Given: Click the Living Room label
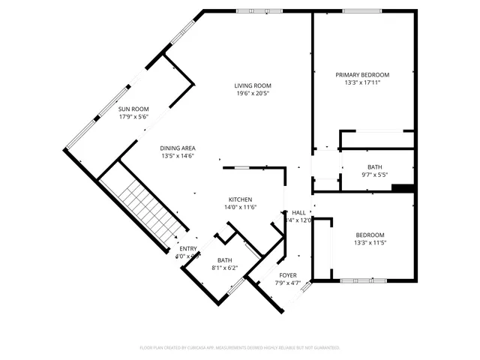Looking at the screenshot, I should coord(252,86).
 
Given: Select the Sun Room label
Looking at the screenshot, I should coord(133,109).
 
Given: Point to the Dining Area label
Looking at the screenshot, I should coord(178,148).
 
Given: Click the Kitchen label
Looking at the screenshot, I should coord(240,199).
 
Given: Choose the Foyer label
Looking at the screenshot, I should coord(288,275).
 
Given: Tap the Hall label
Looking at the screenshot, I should coord(298,212).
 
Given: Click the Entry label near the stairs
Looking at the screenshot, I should coord(188,249).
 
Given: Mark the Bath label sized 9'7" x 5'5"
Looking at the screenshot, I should coord(374,167).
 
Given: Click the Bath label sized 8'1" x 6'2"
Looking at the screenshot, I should coord(225,260).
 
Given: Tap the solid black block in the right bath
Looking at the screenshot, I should coord(403,187).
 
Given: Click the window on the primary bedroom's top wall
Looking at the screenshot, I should coord(362,10).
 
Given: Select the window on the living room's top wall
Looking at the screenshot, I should coord(254,10).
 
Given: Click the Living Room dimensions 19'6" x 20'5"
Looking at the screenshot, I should coord(252,94).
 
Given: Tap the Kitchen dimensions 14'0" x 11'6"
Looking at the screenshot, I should coord(240,207).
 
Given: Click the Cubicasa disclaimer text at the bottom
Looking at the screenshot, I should coord(240,348).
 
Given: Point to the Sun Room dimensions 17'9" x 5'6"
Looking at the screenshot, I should coord(133,116).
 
